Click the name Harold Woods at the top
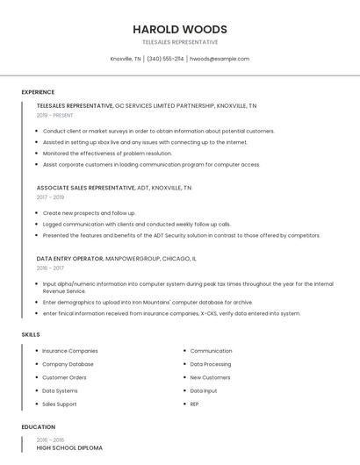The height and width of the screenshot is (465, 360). [179, 29]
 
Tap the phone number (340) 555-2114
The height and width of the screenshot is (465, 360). [165, 59]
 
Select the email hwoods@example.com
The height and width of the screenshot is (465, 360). [220, 59]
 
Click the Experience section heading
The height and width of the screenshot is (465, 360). [38, 92]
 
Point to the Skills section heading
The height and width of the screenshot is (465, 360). [31, 334]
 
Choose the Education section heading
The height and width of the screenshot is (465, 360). [38, 427]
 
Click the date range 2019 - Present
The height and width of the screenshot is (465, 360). [55, 115]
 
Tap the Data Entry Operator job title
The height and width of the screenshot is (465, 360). [69, 260]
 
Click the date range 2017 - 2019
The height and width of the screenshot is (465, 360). [50, 197]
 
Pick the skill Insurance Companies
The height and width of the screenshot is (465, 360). [70, 351]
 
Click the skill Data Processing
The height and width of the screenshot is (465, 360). [211, 364]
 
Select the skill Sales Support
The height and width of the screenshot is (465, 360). [60, 404]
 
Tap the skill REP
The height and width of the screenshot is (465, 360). [194, 404]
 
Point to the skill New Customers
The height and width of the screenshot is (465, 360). [210, 377]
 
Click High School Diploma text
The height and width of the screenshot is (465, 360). [69, 448]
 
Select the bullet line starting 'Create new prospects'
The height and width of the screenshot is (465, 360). [89, 213]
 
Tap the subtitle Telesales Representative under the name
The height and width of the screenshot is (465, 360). [179, 42]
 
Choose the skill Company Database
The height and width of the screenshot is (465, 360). [68, 364]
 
